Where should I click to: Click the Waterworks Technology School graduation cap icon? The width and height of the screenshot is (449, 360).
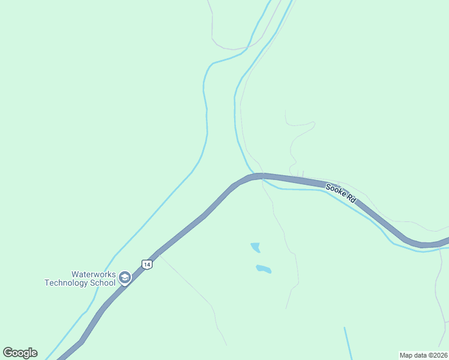pyautogui.click(x=125, y=278)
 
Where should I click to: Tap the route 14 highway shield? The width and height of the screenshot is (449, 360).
pyautogui.click(x=146, y=264)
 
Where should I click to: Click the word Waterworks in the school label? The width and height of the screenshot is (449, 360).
pyautogui.click(x=93, y=274)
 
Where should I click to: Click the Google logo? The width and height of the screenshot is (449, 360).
pyautogui.click(x=20, y=353)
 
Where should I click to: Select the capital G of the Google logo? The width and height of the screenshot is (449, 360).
pyautogui.click(x=7, y=353)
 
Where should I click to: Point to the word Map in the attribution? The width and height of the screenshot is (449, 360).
pyautogui.click(x=407, y=355)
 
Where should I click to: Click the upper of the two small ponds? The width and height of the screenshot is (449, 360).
pyautogui.click(x=256, y=247)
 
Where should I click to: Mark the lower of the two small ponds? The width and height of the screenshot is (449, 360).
pyautogui.click(x=264, y=269)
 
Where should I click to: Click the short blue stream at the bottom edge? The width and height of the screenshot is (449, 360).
pyautogui.click(x=348, y=343)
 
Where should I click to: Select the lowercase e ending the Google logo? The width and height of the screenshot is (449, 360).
pyautogui.click(x=34, y=353)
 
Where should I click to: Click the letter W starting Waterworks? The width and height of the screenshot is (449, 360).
pyautogui.click(x=75, y=274)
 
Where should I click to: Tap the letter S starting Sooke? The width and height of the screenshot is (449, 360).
pyautogui.click(x=328, y=187)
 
